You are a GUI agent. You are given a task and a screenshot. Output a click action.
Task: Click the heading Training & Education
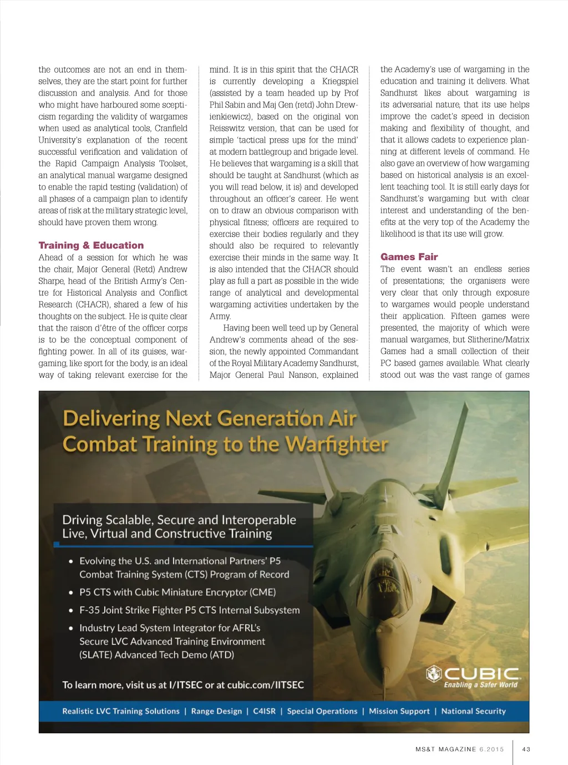pyautogui.click(x=91, y=245)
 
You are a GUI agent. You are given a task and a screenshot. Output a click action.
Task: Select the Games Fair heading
pyautogui.click(x=409, y=257)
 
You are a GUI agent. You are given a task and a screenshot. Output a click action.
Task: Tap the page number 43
pyautogui.click(x=526, y=749)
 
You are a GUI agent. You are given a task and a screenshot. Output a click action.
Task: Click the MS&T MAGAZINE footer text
pyautogui.click(x=446, y=749)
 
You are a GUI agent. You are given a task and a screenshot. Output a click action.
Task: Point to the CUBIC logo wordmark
pyautogui.click(x=481, y=673)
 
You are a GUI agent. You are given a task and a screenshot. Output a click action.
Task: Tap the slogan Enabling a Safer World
pyautogui.click(x=480, y=685)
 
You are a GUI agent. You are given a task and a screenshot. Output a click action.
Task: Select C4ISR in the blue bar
pyautogui.click(x=264, y=711)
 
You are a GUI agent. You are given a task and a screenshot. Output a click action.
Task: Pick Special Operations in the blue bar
pyautogui.click(x=322, y=711)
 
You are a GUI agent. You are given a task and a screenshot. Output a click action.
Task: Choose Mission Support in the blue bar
pyautogui.click(x=399, y=711)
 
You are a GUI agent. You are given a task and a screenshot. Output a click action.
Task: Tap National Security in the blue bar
pyautogui.click(x=473, y=711)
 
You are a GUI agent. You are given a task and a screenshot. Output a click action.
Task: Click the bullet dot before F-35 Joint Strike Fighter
pyautogui.click(x=71, y=610)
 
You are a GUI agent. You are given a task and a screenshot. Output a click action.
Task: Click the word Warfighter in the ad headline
pyautogui.click(x=337, y=444)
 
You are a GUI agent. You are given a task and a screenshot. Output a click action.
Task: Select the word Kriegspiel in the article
pyautogui.click(x=340, y=82)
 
